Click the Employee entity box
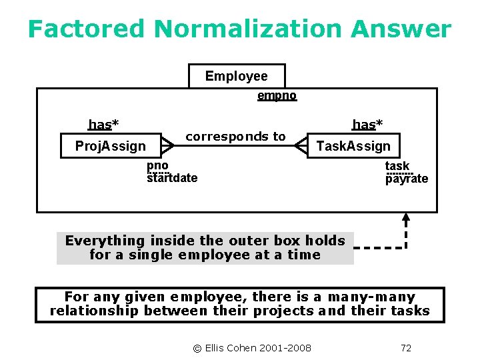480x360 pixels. click(x=237, y=76)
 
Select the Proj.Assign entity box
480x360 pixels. click(x=111, y=145)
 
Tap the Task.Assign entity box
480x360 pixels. click(x=353, y=145)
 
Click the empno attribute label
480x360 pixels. click(x=277, y=95)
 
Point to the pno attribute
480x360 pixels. click(x=157, y=165)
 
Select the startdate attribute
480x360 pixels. click(x=172, y=178)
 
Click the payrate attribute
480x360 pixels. click(x=407, y=179)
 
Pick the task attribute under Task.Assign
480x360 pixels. click(x=397, y=166)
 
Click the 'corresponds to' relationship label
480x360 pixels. click(x=235, y=136)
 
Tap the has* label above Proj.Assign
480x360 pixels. click(x=104, y=124)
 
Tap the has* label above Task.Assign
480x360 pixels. click(x=367, y=124)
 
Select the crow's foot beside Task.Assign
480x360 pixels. click(x=301, y=145)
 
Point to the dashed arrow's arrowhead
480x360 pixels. click(x=406, y=217)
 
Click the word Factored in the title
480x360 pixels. click(x=86, y=29)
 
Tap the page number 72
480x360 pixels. click(x=406, y=347)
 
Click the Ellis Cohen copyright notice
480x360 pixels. click(x=251, y=347)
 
